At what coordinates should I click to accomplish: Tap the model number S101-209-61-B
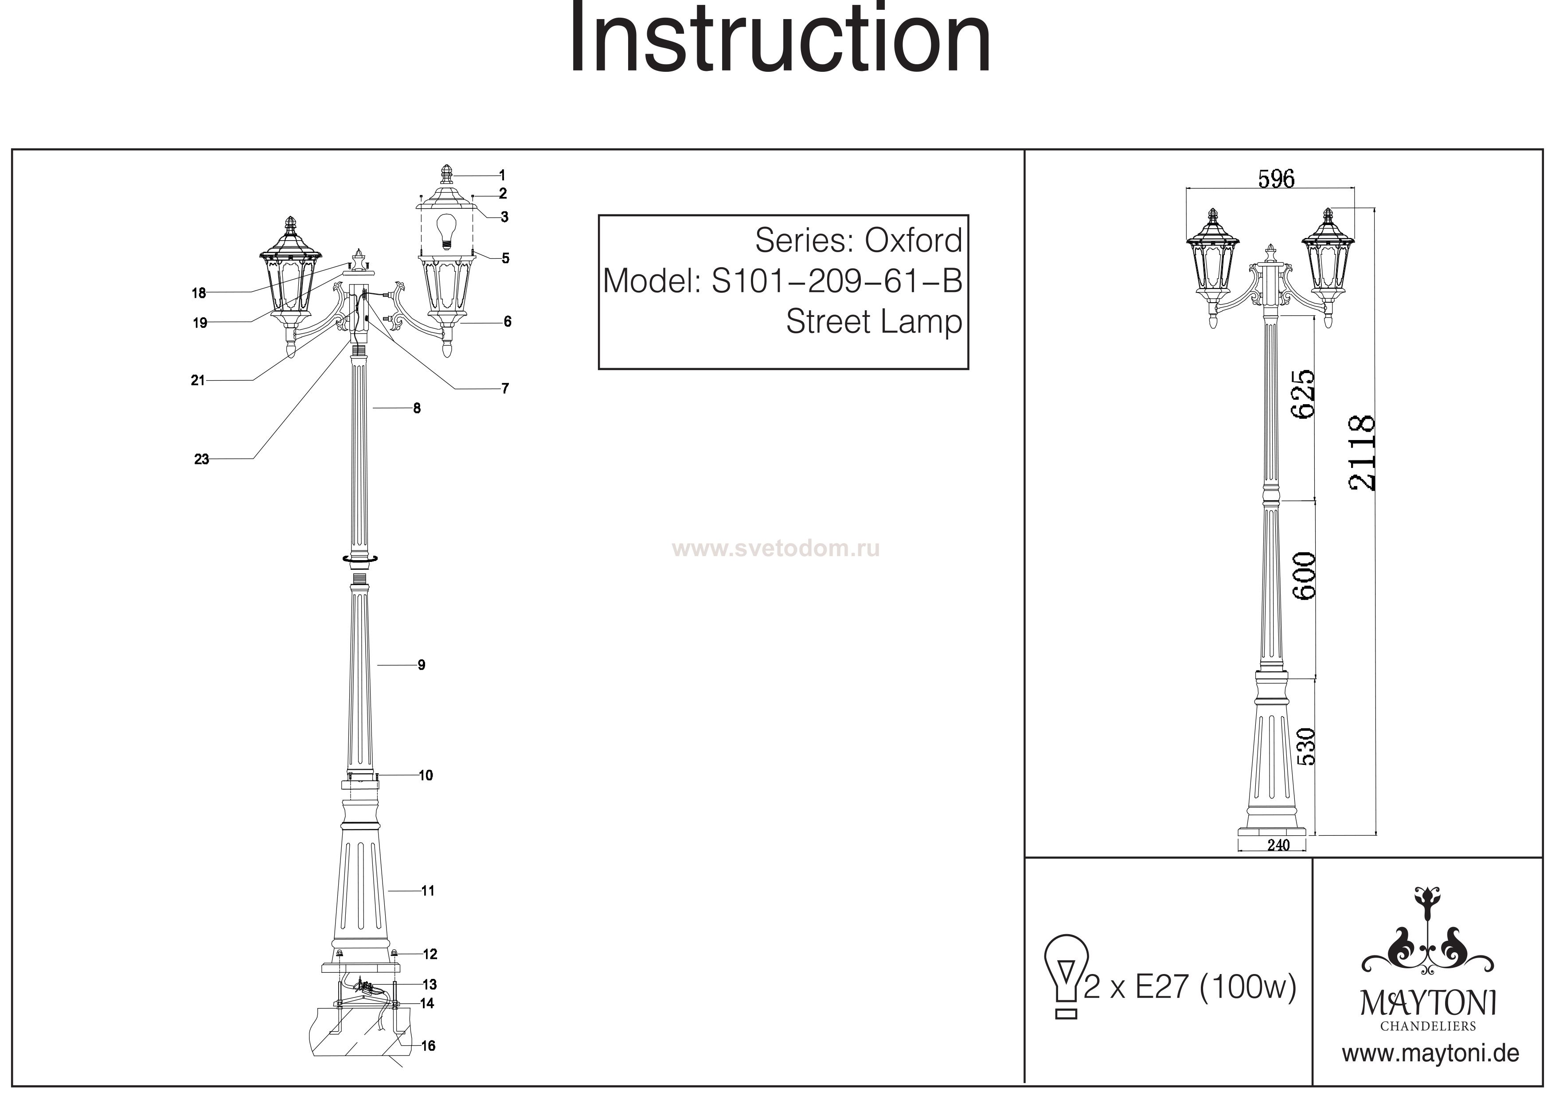pos(836,281)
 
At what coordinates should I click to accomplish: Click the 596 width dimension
pos(1276,179)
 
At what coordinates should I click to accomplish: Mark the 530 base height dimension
pos(1305,746)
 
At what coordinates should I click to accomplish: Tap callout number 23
pos(201,460)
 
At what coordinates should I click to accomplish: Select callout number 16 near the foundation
pos(428,1046)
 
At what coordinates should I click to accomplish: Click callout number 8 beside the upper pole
pos(417,408)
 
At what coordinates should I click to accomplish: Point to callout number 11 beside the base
pos(427,891)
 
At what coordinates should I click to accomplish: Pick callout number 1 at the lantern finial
pos(502,175)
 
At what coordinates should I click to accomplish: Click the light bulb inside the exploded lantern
pos(445,232)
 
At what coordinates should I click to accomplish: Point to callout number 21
pos(198,381)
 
